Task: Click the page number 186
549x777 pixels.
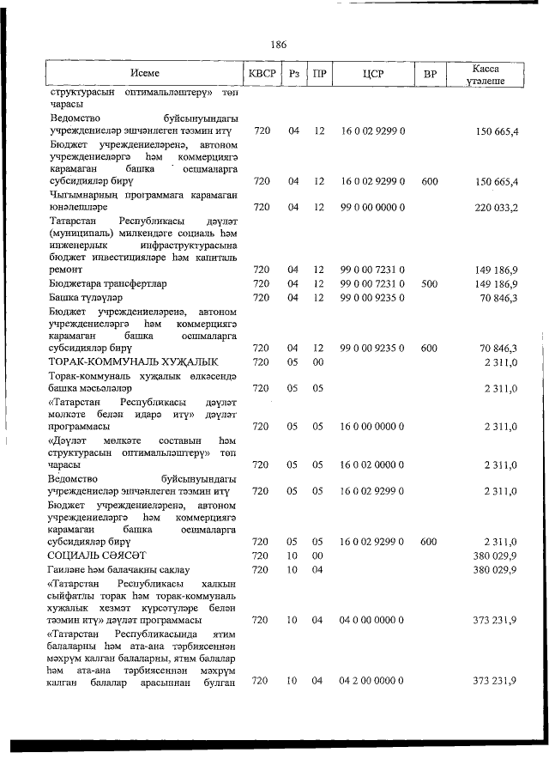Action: click(277, 45)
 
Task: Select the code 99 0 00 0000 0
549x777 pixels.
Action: click(372, 207)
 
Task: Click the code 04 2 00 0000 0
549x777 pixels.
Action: click(372, 681)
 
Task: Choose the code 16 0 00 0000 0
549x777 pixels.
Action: click(372, 426)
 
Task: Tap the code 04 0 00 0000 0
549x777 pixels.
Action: click(372, 620)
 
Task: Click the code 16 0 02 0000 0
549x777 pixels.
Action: click(372, 464)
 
